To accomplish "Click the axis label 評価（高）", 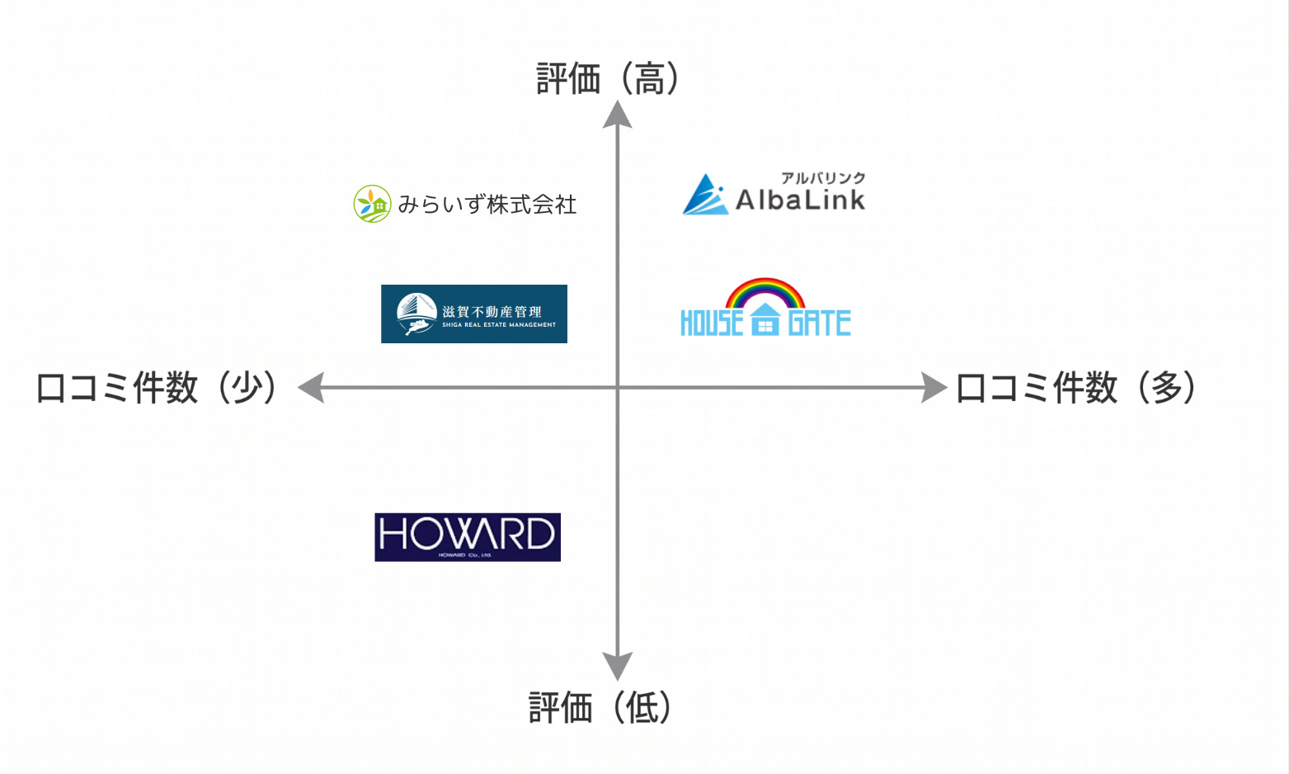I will (609, 79).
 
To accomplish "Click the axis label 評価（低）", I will (600, 708).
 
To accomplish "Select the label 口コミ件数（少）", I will (157, 388).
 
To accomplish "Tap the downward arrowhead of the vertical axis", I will (618, 665).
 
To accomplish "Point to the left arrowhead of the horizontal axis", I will (311, 387).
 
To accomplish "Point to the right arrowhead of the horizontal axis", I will (934, 387).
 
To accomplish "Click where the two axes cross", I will (618, 387).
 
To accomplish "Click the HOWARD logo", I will (468, 537).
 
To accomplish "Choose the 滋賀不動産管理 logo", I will (474, 314).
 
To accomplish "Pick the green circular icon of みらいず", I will (372, 204).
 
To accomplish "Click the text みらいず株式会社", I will (487, 205).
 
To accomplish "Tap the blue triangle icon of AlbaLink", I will (706, 196).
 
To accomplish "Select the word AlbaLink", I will (800, 200).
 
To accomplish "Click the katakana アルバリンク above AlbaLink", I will (823, 177).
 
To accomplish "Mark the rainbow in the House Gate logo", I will (765, 292).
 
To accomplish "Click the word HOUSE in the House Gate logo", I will (712, 323).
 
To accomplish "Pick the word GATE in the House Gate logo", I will (819, 323).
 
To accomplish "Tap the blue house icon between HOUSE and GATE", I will (765, 320).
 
